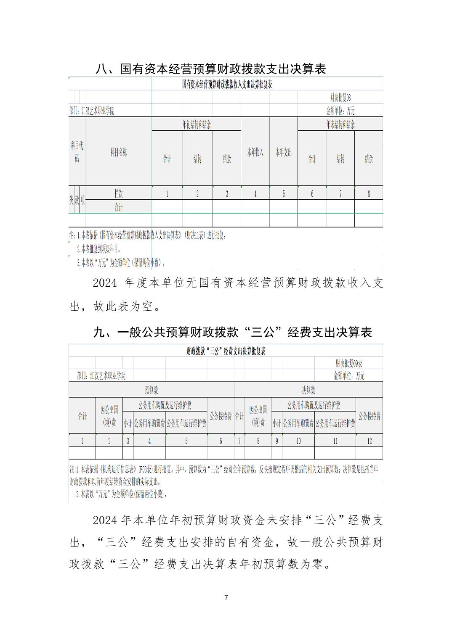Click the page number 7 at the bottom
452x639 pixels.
[226, 597]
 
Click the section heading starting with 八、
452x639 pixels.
[211, 69]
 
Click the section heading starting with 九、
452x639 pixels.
[232, 333]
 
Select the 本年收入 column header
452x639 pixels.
[255, 152]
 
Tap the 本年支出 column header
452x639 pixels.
[283, 152]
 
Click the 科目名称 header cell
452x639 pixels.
[118, 152]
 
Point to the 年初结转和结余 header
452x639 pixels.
[196, 124]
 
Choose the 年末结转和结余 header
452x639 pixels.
[340, 124]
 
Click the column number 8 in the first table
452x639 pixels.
[369, 194]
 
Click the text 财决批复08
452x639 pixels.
[340, 98]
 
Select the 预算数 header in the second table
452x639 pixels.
[151, 391]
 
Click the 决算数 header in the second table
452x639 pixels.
[308, 391]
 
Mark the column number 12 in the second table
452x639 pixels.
[369, 441]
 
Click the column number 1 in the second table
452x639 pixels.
[82, 441]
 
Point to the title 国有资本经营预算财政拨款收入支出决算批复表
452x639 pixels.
[226, 84]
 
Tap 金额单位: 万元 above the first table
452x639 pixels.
[340, 111]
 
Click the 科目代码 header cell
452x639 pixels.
[77, 152]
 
